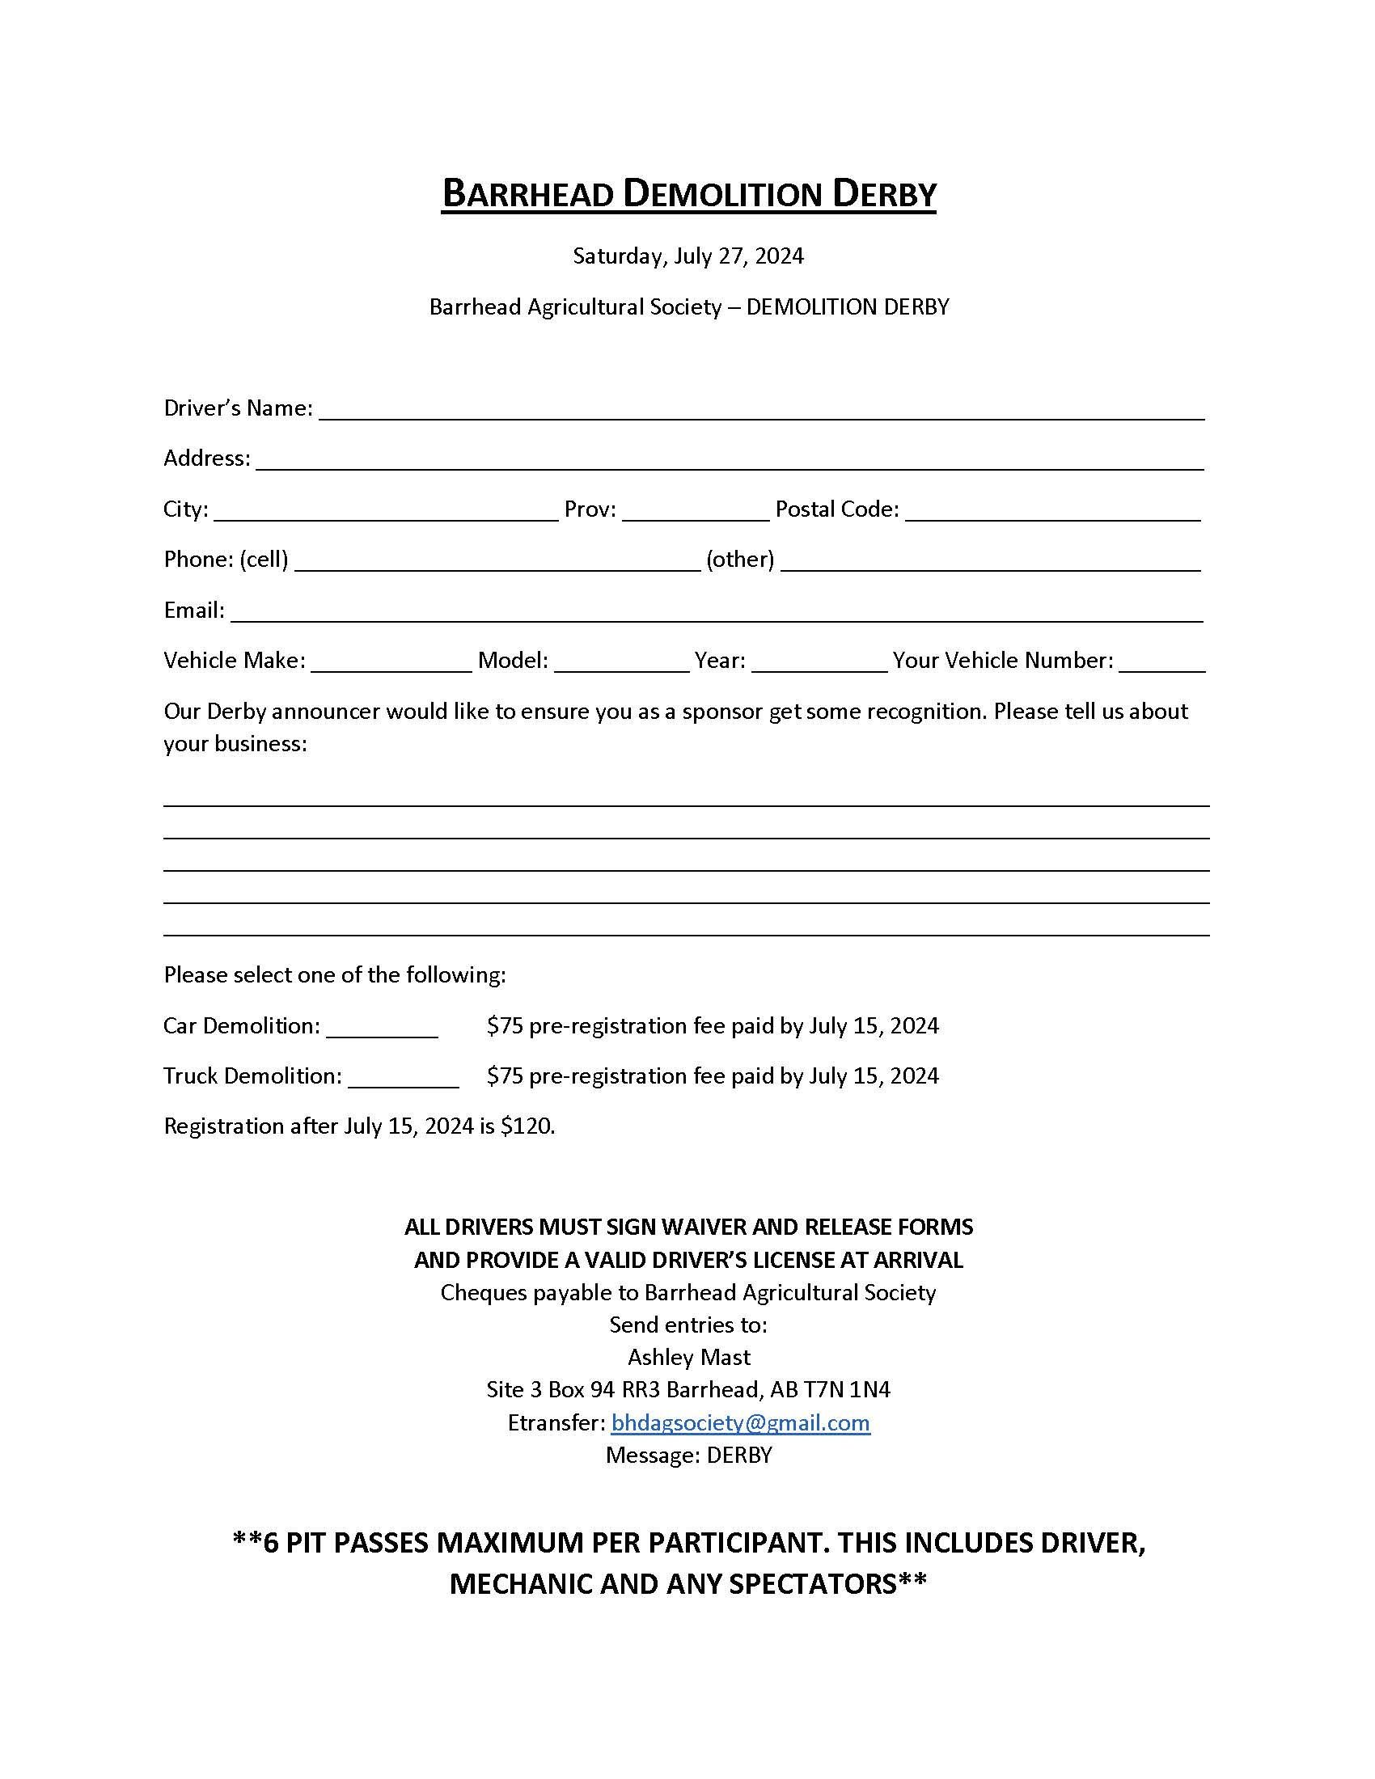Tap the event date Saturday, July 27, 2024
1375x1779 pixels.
click(687, 256)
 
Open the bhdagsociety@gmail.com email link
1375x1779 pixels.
click(740, 1423)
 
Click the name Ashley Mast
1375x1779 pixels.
click(688, 1358)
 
